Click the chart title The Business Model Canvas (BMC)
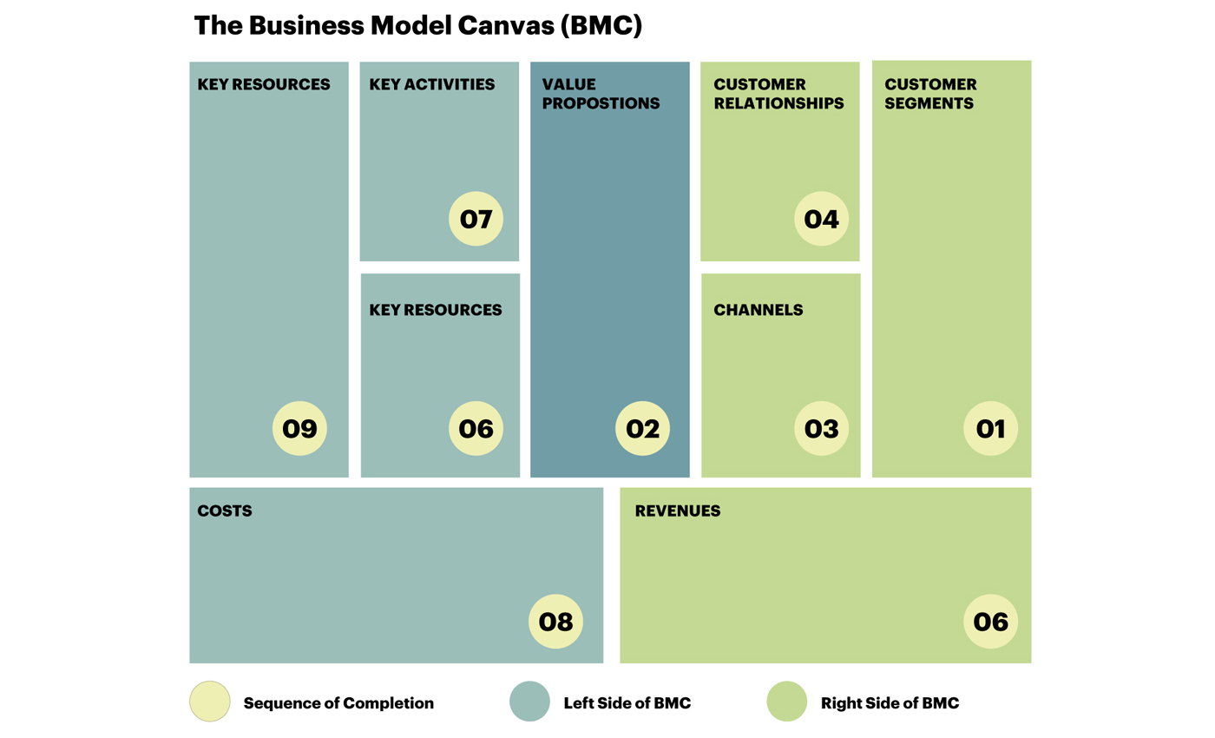(417, 25)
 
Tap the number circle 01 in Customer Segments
(990, 429)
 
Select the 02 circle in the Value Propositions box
(642, 429)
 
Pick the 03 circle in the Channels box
(821, 429)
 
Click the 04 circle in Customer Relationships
(821, 219)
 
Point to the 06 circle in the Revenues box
(990, 622)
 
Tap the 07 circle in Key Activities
(476, 219)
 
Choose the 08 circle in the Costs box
(555, 622)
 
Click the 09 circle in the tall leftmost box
(299, 429)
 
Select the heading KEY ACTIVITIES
(432, 85)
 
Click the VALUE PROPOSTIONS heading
(601, 94)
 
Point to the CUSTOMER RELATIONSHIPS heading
(778, 94)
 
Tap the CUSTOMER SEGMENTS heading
(930, 94)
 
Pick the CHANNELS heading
(758, 310)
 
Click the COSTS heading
(225, 511)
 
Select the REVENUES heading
(678, 511)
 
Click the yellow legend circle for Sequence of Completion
(210, 702)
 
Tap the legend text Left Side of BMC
(627, 703)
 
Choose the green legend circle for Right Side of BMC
(786, 702)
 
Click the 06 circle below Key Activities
(476, 429)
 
